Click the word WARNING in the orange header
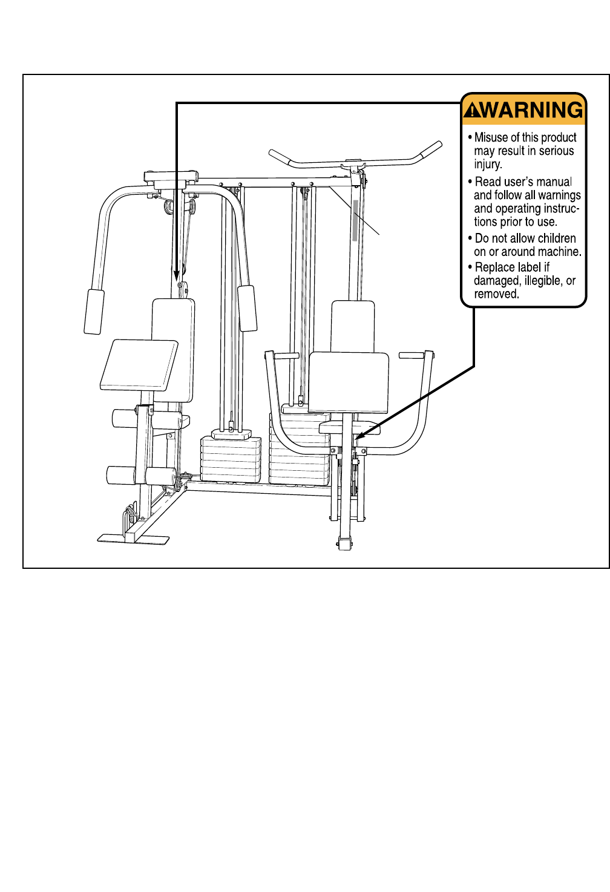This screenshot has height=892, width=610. pos(533,110)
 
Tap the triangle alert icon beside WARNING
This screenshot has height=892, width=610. pos(472,111)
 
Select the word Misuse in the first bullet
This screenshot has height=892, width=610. pos(491,137)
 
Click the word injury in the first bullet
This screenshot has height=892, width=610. pos(487,165)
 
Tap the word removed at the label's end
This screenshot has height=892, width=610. pos(496,294)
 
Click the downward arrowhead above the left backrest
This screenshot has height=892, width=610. pos(177,274)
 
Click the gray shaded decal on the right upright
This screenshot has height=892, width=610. pos(355,220)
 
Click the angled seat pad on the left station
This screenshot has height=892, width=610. pos(139,364)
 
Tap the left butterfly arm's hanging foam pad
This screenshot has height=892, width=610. pos(94,311)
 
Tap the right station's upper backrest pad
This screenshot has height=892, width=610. pos(353,326)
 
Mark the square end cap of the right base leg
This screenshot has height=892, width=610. pos(345,543)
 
